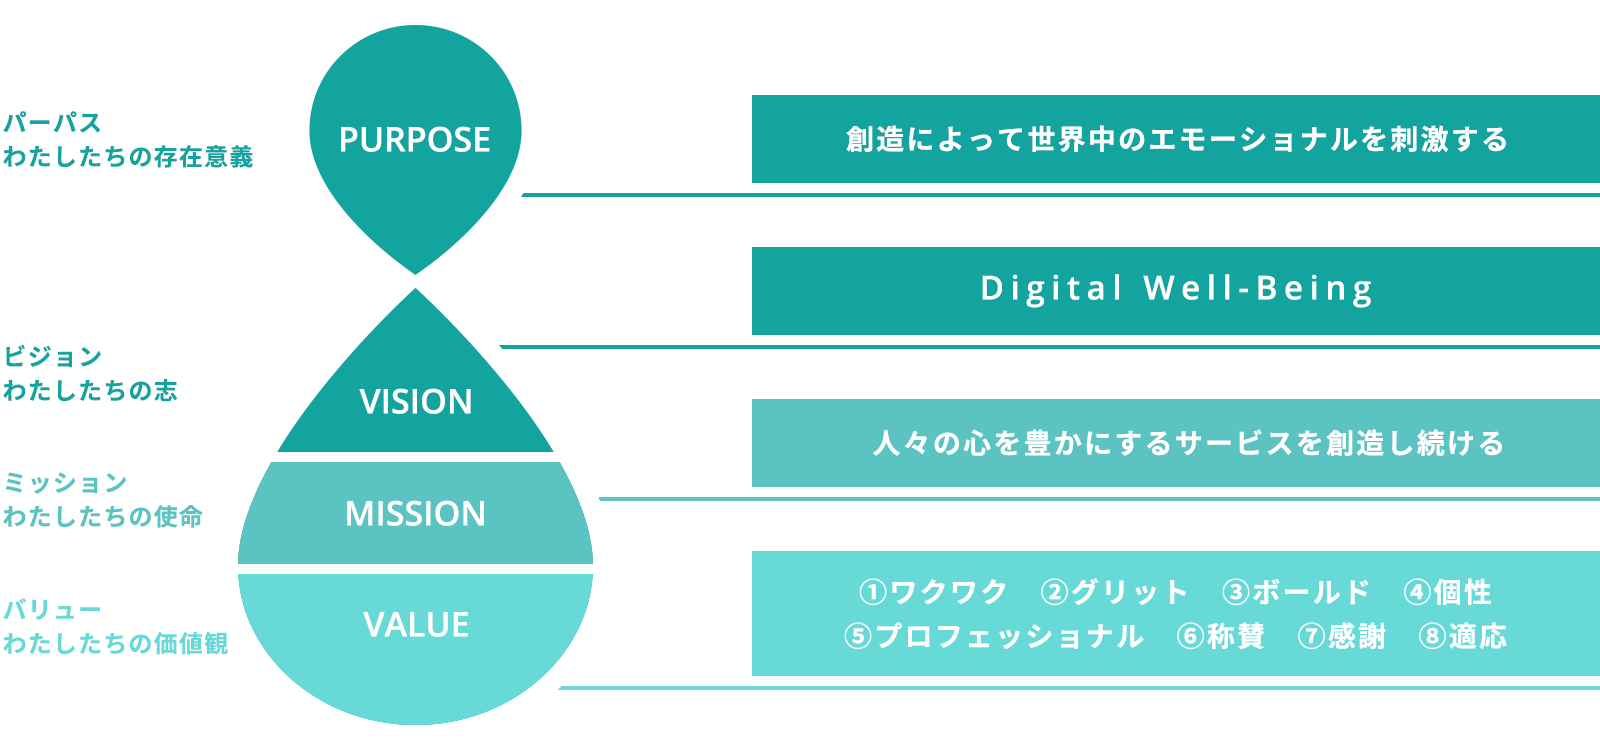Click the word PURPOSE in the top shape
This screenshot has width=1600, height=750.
pos(415,139)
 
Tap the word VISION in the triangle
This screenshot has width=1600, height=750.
pos(416,401)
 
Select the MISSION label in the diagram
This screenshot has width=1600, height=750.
pos(416,514)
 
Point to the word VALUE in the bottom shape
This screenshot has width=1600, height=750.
pos(416,625)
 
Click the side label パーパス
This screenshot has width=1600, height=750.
pos(53,123)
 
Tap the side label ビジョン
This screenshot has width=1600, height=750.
pos(53,356)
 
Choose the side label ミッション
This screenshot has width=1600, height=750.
pos(65,482)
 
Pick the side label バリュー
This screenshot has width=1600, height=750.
pos(53,609)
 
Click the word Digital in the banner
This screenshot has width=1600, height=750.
pos(1051,289)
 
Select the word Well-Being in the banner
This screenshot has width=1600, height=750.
pos(1259,289)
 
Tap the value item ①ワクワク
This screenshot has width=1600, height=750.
pos(933,592)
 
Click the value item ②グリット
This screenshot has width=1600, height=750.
pos(1114,592)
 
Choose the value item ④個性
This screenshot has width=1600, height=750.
pos(1447,592)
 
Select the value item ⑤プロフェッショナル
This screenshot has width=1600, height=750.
pos(994,636)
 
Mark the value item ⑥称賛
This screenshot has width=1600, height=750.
pos(1221,636)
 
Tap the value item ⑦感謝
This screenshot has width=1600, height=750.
pos(1341,636)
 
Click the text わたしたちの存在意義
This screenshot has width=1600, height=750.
pos(128,156)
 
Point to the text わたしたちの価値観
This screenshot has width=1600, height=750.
pos(116,644)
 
